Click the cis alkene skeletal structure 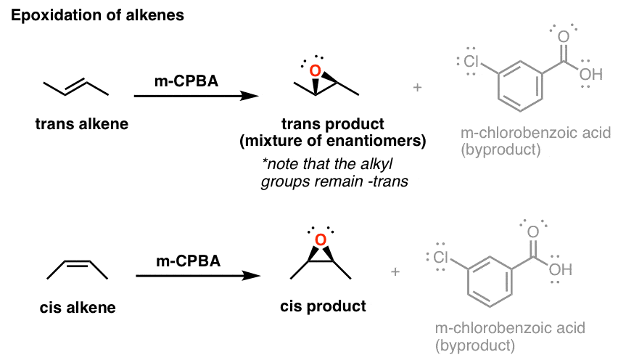(78, 270)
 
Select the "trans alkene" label (81, 124)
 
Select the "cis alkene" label (78, 308)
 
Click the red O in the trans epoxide (314, 71)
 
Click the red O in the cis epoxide (321, 240)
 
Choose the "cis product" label (323, 306)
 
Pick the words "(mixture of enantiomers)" (333, 141)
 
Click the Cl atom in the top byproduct (469, 62)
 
